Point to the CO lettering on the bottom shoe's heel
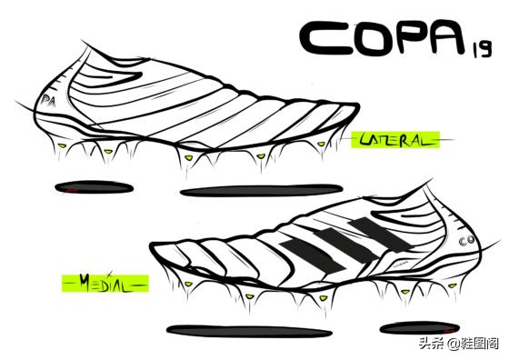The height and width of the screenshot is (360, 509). pos(471,240)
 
